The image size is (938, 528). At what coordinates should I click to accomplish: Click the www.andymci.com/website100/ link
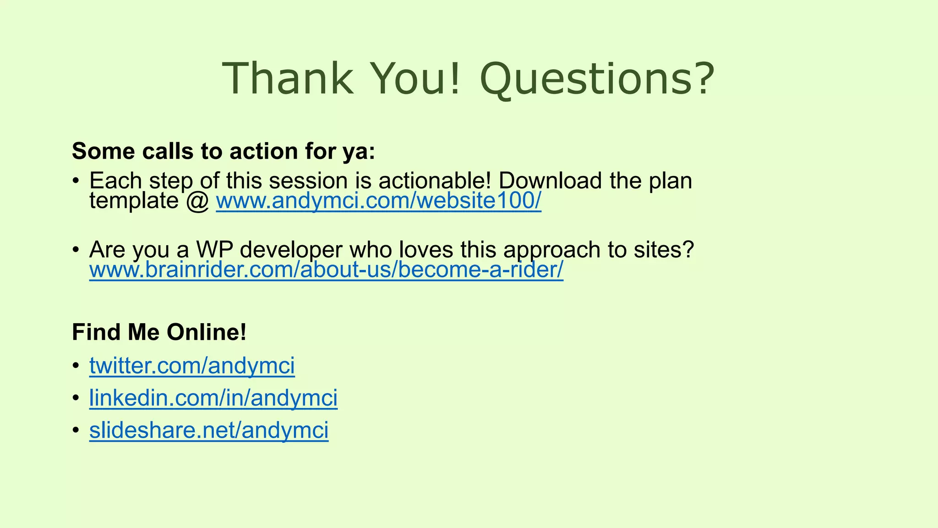tap(378, 201)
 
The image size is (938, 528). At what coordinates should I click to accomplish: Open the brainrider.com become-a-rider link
tap(326, 270)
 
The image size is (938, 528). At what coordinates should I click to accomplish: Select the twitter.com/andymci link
tap(192, 366)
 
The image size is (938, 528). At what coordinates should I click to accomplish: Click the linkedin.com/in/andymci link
tap(213, 398)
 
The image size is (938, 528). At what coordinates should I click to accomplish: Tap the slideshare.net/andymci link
tap(209, 430)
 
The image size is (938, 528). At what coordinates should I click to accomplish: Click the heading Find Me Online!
tap(159, 332)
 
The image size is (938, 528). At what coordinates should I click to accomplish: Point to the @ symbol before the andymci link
tap(197, 201)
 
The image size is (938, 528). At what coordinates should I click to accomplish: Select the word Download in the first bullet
tap(550, 181)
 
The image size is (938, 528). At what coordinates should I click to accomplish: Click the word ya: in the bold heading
tap(359, 152)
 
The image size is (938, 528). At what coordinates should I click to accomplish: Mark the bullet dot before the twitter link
tap(76, 366)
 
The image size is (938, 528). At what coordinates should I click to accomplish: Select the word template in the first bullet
tap(134, 201)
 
